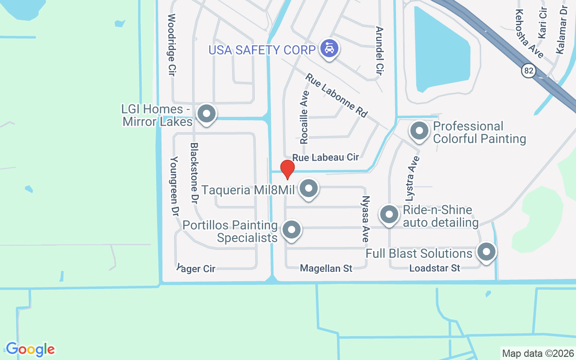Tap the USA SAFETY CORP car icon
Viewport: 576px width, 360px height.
click(x=329, y=48)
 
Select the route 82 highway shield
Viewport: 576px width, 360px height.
click(x=529, y=70)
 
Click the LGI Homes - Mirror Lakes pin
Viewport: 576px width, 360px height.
click(x=207, y=113)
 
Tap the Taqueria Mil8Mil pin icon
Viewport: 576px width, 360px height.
click(x=309, y=189)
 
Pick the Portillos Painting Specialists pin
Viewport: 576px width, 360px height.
click(x=292, y=229)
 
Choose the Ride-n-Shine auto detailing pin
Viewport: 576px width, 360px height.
click(x=389, y=215)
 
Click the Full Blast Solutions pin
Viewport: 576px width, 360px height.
click(x=486, y=252)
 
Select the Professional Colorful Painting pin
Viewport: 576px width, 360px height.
click(x=420, y=131)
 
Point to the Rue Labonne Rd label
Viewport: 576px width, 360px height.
click(x=336, y=96)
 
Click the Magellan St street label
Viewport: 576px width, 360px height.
click(x=326, y=269)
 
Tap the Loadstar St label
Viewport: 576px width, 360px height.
click(x=435, y=268)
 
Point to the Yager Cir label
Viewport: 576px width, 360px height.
click(x=196, y=269)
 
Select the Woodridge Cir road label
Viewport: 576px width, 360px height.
click(x=171, y=45)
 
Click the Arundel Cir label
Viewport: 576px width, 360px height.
click(x=379, y=50)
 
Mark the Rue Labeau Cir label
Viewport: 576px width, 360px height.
click(x=325, y=157)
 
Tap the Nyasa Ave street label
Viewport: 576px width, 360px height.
click(x=366, y=219)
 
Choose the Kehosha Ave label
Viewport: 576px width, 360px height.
click(x=529, y=33)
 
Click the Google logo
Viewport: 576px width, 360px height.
click(x=30, y=349)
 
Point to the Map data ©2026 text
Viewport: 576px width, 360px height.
click(x=538, y=353)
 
